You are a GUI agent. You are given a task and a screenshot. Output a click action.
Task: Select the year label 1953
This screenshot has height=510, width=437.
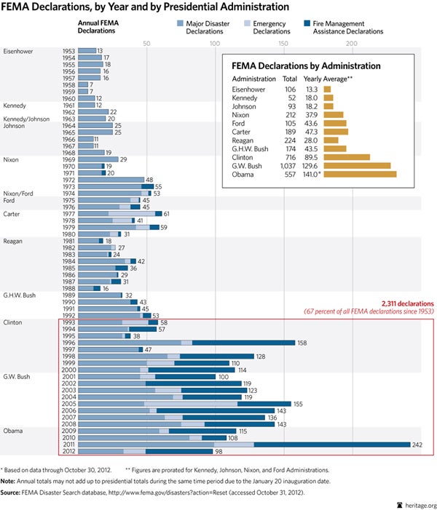69,50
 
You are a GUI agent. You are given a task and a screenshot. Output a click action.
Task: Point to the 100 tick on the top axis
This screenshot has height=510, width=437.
215,44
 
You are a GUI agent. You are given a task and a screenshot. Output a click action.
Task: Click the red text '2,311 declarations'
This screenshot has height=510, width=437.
408,303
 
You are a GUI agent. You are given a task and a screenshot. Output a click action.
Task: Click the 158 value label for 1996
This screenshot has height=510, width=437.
303,342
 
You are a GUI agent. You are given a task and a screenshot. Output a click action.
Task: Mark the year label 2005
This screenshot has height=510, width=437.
69,403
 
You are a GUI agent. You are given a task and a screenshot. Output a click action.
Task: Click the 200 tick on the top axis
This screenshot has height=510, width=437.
351,44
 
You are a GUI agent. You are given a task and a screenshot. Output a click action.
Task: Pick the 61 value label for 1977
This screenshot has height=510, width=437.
167,214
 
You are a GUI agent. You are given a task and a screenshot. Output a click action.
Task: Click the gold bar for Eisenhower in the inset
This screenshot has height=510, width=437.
328,89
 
